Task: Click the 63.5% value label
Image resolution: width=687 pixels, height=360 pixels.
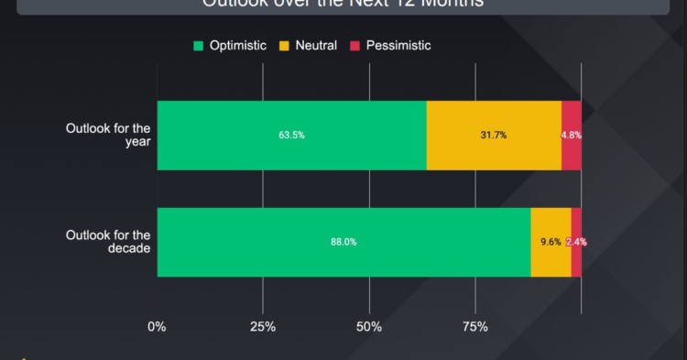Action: coord(291,136)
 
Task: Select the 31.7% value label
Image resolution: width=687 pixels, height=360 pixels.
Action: coord(494,136)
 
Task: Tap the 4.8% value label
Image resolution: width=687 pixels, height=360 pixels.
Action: coord(572,136)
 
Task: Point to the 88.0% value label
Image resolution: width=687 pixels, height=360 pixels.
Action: coord(343,243)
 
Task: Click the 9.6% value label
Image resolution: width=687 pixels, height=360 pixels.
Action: coord(551,243)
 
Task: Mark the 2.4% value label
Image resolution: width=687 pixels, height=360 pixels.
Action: coord(576,243)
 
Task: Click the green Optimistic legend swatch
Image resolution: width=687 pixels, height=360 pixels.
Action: coord(198,45)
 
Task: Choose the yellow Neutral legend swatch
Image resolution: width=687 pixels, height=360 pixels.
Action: coord(283,45)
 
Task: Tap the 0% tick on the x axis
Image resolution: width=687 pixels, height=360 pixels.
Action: coord(157,327)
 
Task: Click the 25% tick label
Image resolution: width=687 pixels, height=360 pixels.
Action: coord(263,327)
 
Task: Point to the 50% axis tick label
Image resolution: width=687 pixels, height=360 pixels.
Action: coord(369,327)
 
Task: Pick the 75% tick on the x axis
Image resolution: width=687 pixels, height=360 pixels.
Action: coord(474,327)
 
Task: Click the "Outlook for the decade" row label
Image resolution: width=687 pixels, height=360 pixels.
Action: coord(108,242)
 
